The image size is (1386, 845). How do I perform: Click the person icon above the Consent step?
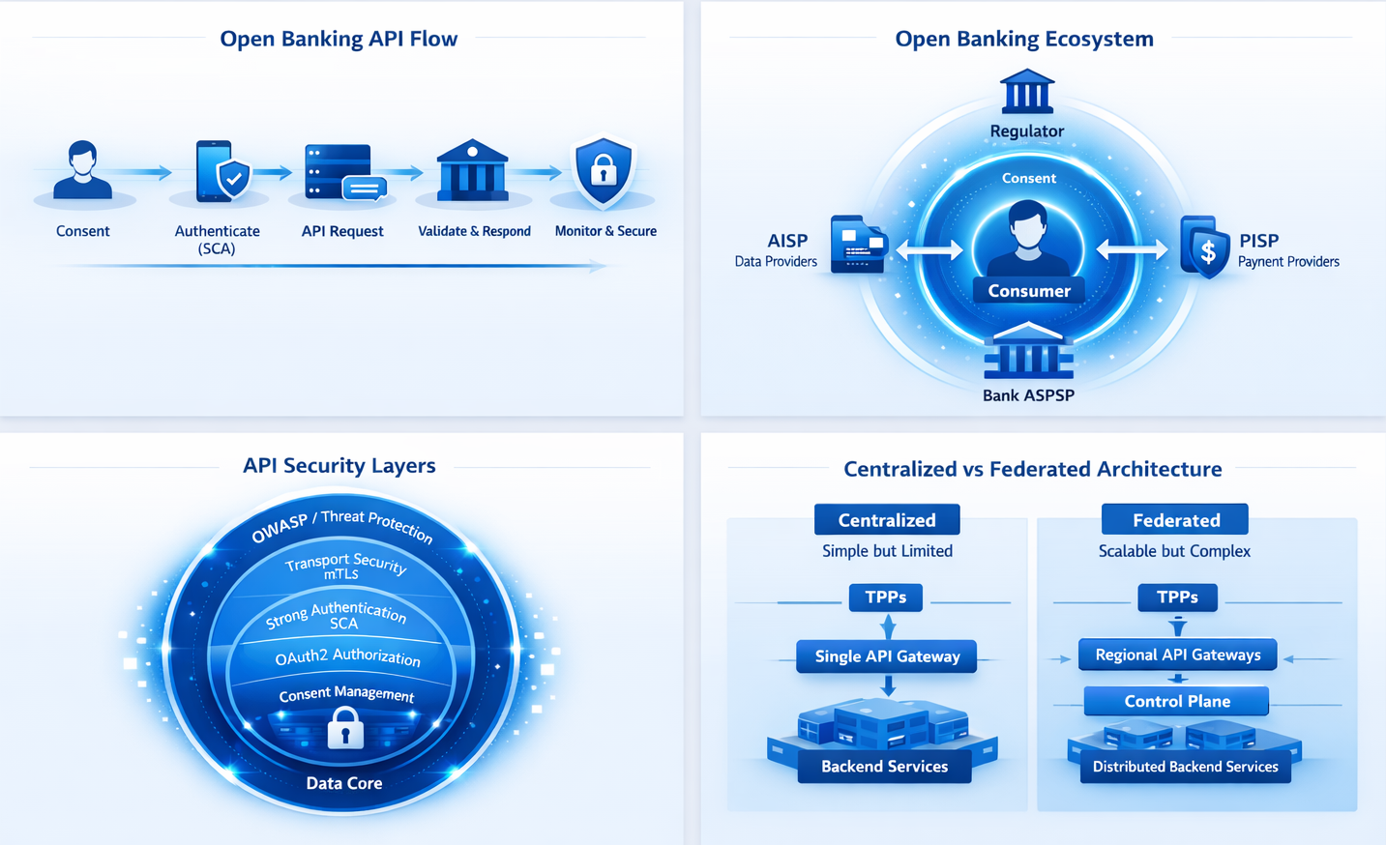coord(82,170)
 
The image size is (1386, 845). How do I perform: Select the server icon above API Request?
coord(341,172)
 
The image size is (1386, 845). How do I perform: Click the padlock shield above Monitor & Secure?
coord(604,171)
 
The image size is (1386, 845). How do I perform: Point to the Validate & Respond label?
coord(474,231)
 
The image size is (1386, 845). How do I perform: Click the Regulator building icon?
coord(1027,92)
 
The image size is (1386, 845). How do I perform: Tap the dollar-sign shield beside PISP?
coord(1205,248)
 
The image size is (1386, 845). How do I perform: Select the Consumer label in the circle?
coord(1029,291)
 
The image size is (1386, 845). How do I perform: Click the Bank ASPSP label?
coord(1028,395)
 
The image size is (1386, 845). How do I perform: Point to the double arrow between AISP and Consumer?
coord(929,250)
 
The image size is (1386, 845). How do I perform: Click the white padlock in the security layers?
coord(345,728)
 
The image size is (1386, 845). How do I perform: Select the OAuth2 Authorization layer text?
coord(347,657)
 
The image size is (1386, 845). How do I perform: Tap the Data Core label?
coord(344,783)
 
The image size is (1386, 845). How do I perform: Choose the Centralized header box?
coord(887,520)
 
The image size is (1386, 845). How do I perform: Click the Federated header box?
coord(1175,520)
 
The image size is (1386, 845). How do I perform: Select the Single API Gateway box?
coord(887,656)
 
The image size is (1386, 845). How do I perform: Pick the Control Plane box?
coord(1177,701)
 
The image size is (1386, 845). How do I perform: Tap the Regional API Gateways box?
coord(1177,655)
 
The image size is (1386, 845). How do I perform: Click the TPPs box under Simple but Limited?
coord(886,597)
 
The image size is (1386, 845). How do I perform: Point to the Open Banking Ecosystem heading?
coord(1024,39)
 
